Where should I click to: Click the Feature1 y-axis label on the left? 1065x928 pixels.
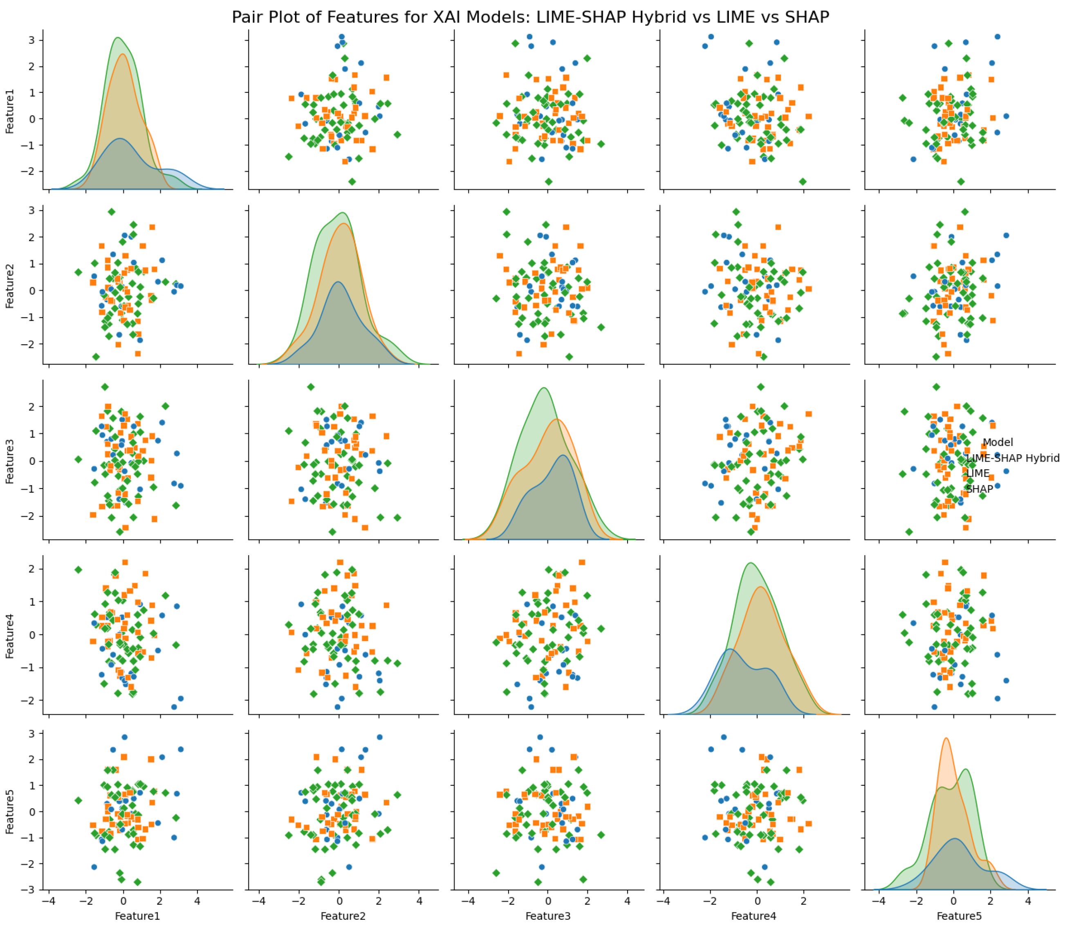pos(10,112)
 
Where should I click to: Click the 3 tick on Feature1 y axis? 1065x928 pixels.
pos(31,40)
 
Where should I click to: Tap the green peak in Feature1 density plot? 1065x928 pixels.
pos(119,38)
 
